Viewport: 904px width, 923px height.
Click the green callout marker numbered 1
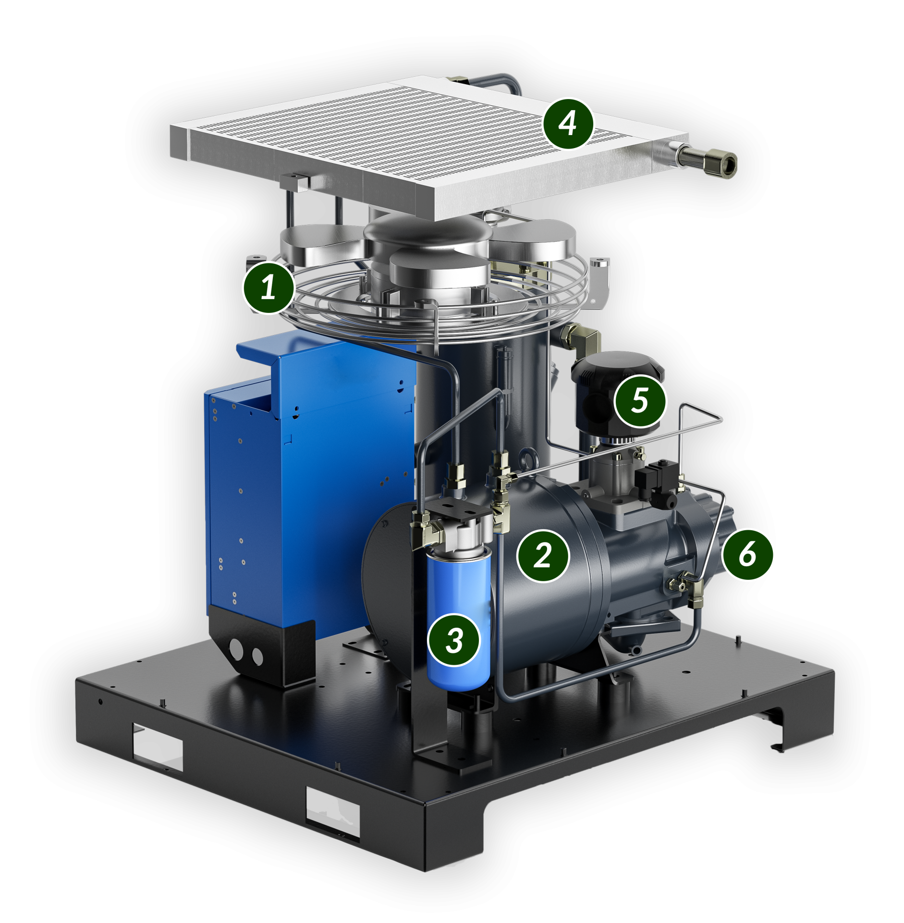(268, 287)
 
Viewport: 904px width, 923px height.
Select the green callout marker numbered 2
(542, 556)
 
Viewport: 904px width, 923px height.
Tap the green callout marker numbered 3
(454, 640)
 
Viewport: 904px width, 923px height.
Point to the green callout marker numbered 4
(568, 123)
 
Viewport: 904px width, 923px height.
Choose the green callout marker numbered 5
(640, 400)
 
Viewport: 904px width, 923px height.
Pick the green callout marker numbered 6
(747, 554)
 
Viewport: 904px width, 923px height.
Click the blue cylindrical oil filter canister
(459, 620)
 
